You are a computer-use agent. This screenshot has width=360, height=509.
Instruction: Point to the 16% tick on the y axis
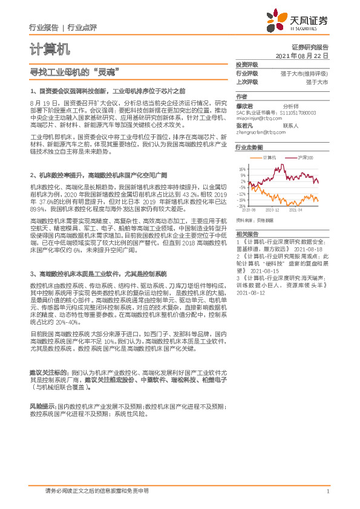click(x=241, y=169)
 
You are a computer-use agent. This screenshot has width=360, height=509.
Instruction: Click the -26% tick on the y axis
click(x=241, y=206)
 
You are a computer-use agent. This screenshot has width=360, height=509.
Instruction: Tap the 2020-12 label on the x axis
click(x=272, y=210)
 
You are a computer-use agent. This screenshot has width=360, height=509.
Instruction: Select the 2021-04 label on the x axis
click(x=296, y=210)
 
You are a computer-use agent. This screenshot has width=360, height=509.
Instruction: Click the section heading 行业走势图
click(x=249, y=147)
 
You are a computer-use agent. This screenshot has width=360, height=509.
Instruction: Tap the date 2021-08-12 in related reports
click(x=249, y=293)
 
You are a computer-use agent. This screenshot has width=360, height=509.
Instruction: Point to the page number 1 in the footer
click(x=327, y=492)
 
